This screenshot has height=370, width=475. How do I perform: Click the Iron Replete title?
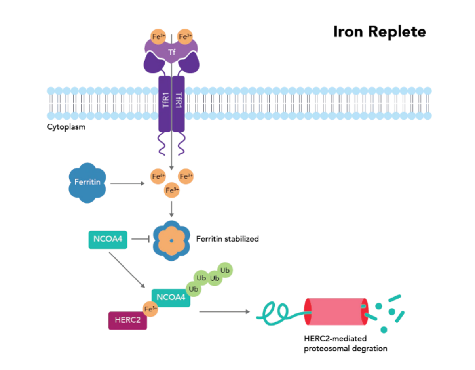(x=379, y=31)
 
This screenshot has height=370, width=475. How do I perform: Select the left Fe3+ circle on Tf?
(x=157, y=37)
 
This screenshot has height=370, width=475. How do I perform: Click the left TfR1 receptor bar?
(x=165, y=103)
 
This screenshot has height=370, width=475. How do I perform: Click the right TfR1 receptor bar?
(x=178, y=103)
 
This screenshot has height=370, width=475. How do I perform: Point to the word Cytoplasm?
(x=66, y=128)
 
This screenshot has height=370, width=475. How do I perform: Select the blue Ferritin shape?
(x=87, y=183)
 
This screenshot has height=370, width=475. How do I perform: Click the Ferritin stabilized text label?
(x=227, y=239)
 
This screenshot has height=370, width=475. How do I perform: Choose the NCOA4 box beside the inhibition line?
(x=108, y=240)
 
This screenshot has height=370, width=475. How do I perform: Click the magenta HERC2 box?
(x=127, y=320)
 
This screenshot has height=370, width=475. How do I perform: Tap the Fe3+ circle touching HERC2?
(x=151, y=309)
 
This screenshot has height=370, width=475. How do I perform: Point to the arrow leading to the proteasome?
(x=226, y=312)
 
